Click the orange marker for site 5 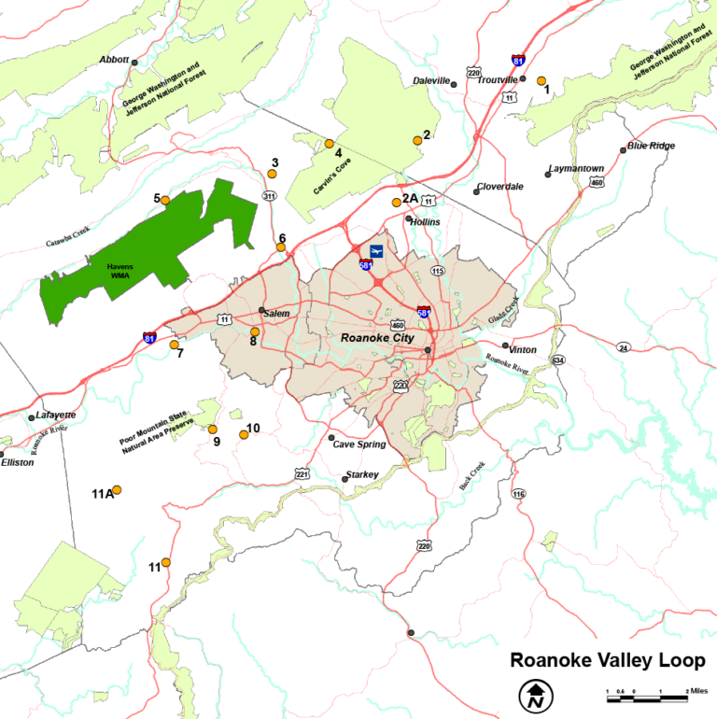pos(165,200)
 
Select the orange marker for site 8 pos(255,331)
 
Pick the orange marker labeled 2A pos(397,202)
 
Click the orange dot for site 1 pos(541,81)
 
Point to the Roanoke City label pos(376,337)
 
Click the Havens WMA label pos(119,271)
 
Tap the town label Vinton pos(523,350)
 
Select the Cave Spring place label pos(359,444)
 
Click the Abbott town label pos(114,60)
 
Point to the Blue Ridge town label pos(651,146)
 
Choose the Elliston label pos(17,462)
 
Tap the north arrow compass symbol pos(535,695)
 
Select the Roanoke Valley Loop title pos(607,661)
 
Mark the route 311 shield pos(269,196)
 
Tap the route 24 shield pos(623,347)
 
